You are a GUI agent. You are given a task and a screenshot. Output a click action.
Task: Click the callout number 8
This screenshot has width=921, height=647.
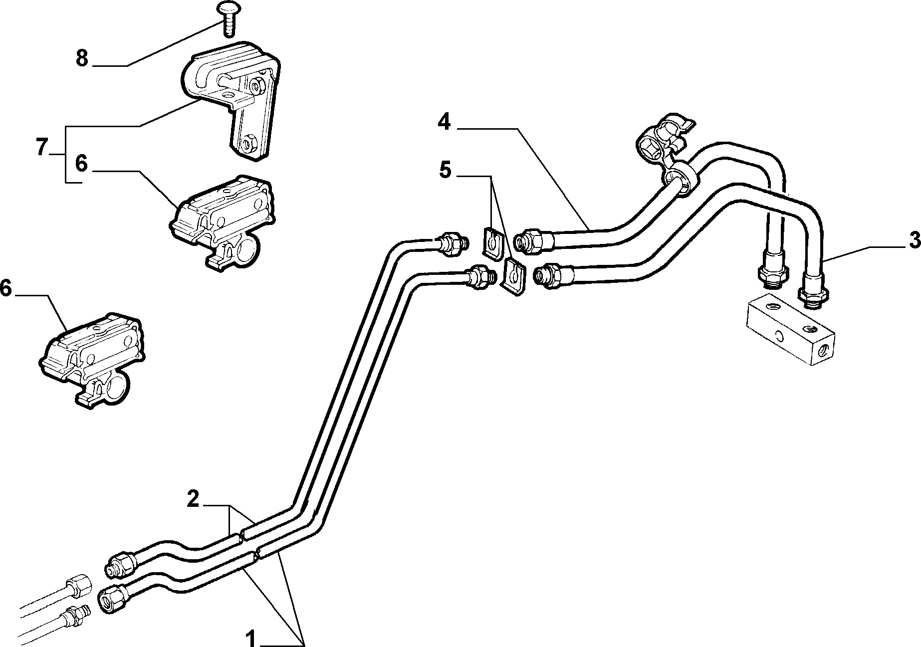point(82,59)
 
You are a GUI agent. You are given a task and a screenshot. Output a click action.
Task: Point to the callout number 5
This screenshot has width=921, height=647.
point(445,170)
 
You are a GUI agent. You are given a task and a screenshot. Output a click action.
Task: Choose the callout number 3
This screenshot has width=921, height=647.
point(914,241)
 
